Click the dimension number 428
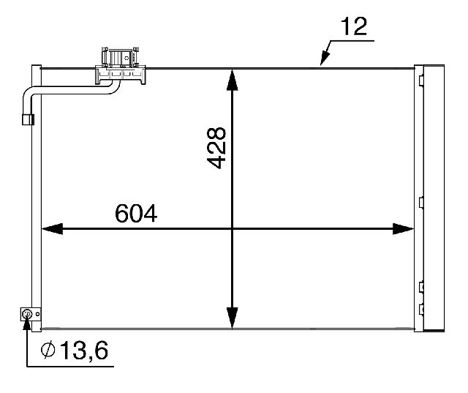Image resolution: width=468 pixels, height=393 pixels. (x=216, y=148)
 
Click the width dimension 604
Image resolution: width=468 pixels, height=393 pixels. (x=136, y=213)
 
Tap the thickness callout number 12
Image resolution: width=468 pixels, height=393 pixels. (x=354, y=26)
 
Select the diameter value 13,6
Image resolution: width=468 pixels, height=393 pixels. (x=84, y=350)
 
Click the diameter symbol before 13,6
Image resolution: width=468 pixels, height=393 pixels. (x=48, y=350)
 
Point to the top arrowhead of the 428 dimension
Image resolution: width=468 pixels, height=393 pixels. (x=233, y=80)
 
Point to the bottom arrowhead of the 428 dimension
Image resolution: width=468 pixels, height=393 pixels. (x=233, y=318)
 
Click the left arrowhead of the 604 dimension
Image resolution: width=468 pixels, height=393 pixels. (x=52, y=229)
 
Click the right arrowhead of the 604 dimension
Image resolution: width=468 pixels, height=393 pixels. (x=403, y=229)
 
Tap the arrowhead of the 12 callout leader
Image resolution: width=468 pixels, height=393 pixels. (x=325, y=59)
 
